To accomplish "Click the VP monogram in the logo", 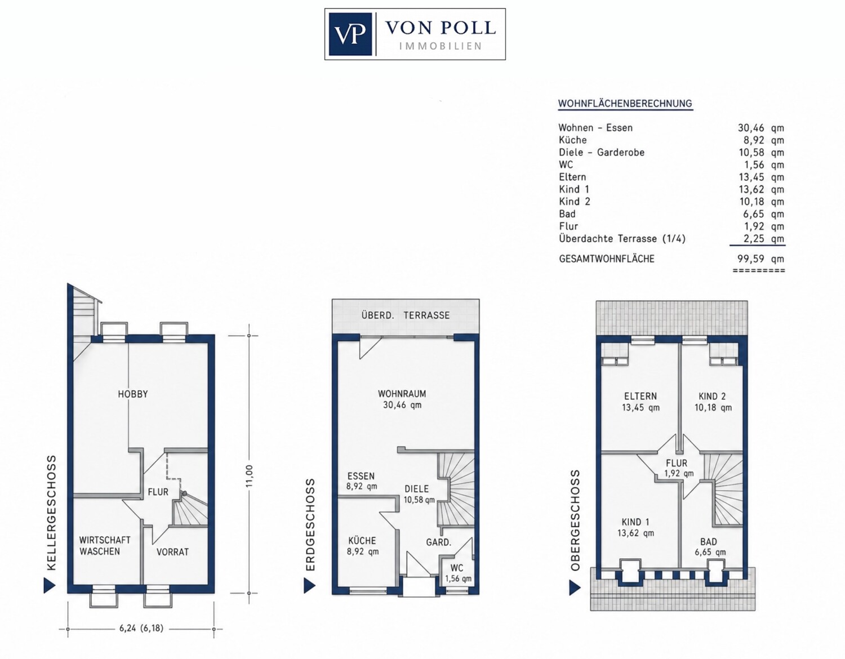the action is tap(350, 34).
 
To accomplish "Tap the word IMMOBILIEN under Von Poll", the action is tap(441, 46).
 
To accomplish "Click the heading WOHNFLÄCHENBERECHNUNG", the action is tap(625, 104).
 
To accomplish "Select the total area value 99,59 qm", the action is tap(760, 259).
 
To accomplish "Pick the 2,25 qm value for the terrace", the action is tap(764, 239).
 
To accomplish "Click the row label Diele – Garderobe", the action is tap(602, 153).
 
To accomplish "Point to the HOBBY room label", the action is tap(133, 394).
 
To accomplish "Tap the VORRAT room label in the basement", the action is tap(172, 552).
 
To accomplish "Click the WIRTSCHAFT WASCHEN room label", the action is tap(105, 546).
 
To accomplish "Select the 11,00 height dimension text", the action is tap(249, 476).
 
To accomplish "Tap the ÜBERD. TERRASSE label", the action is tap(405, 315).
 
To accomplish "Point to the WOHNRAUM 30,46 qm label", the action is tap(402, 399).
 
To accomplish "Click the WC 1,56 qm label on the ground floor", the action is tap(458, 573).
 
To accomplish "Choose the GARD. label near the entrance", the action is tap(439, 542).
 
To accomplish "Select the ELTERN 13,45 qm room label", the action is tap(641, 402).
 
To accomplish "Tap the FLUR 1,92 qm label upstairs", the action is tap(677, 468).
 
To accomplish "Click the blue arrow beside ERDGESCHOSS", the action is tap(309, 586).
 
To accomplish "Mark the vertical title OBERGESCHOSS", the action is tap(575, 520).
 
